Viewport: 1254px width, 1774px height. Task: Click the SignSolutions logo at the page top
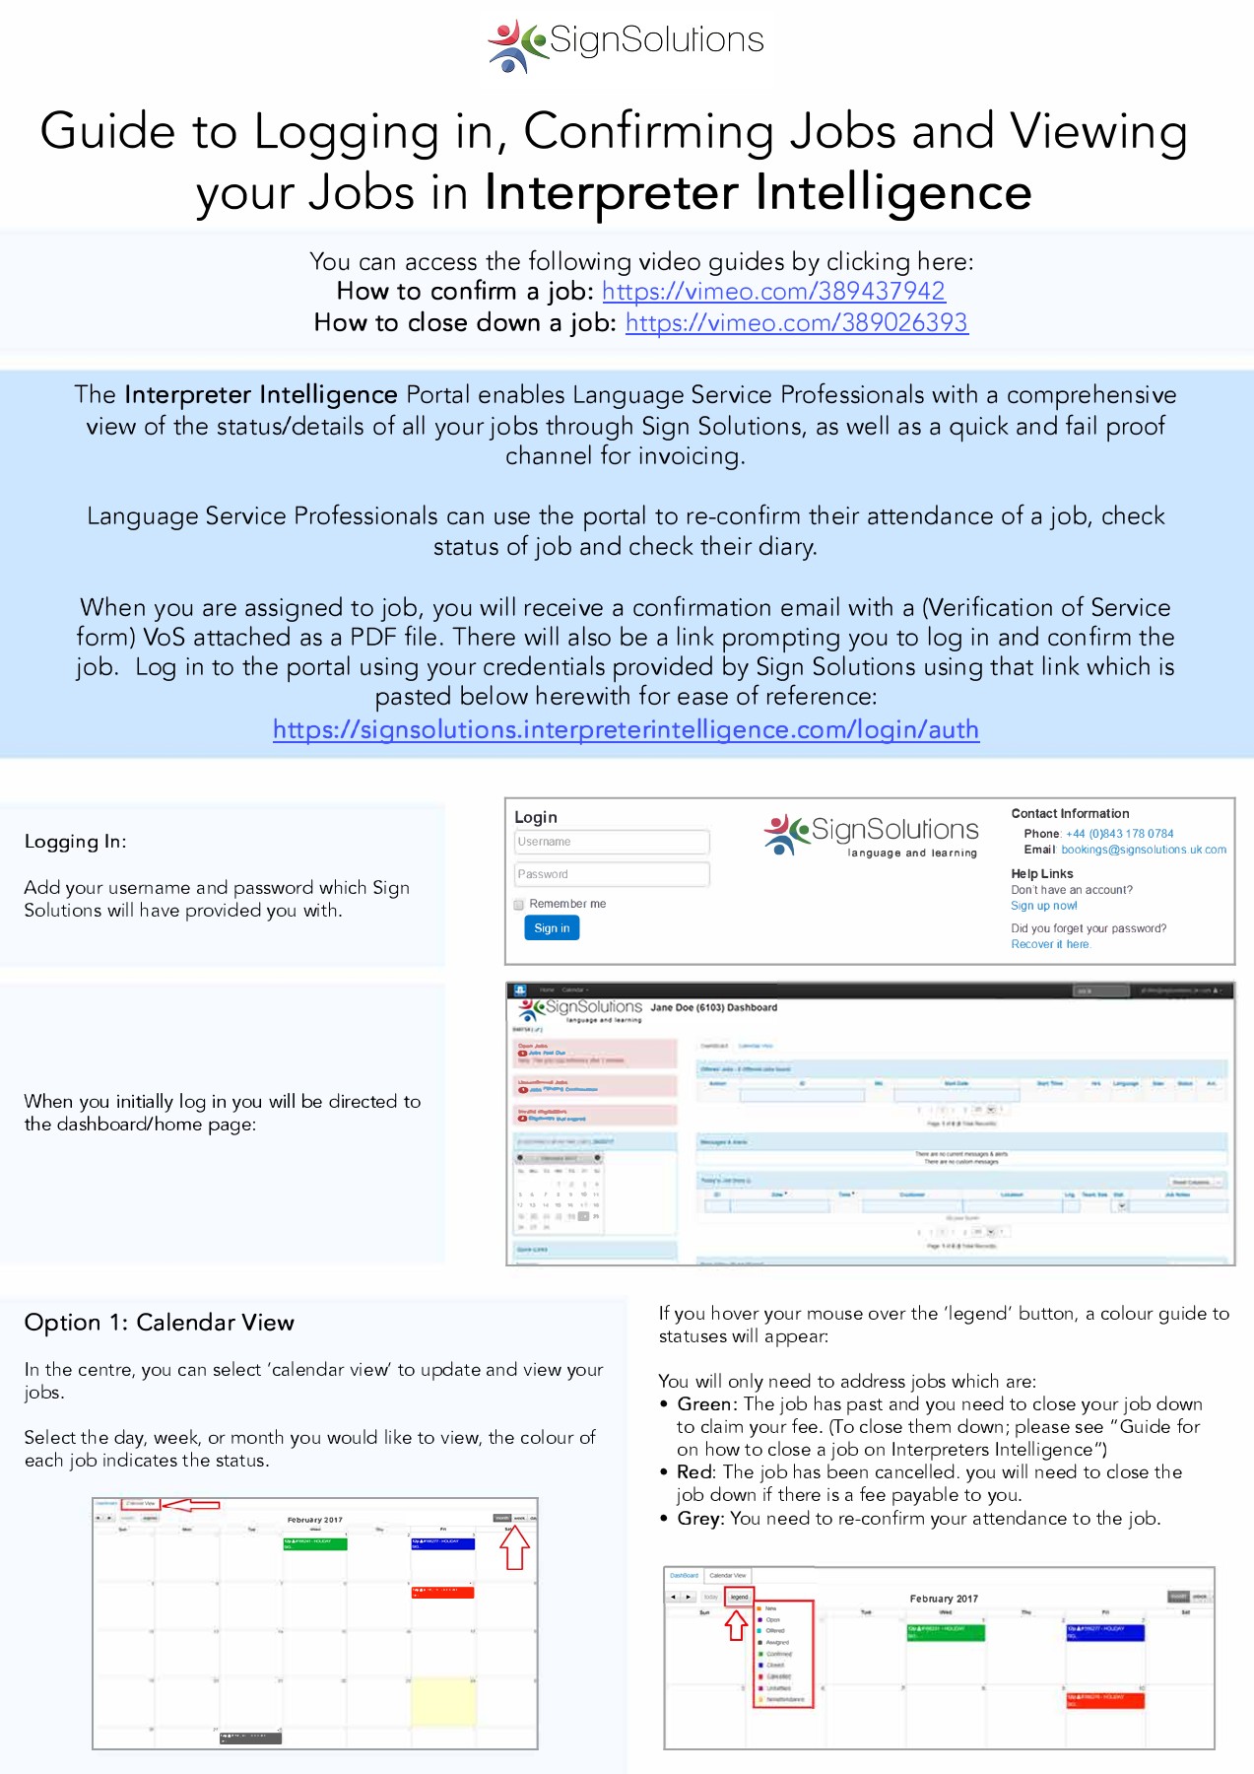627,42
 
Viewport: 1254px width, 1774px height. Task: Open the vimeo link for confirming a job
773,292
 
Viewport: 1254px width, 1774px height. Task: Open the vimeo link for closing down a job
796,323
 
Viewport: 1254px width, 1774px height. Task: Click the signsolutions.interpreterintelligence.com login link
626,730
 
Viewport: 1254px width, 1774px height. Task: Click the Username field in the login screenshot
611,842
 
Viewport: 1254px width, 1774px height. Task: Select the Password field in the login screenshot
611,874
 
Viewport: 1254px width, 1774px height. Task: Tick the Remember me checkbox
519,905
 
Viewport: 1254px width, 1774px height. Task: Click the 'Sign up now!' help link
1043,906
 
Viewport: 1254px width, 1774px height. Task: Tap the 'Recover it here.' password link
1050,944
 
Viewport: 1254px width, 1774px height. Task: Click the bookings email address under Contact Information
1143,850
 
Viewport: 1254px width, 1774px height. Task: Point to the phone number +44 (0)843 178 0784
1119,834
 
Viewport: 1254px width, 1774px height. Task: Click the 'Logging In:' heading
76,842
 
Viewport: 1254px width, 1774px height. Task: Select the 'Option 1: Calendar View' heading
159,1323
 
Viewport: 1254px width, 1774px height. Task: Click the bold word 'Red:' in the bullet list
695,1472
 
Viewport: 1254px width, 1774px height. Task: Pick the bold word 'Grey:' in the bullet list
699,1519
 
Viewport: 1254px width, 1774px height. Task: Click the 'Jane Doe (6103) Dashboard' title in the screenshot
713,1008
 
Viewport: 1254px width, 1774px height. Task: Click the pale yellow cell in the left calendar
443,1701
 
